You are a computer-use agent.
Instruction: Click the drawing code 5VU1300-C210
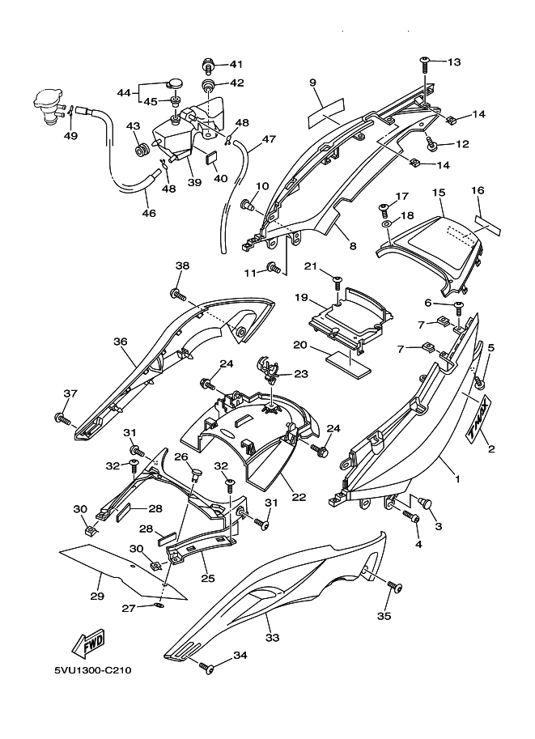pos(93,670)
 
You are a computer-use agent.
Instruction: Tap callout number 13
pos(452,62)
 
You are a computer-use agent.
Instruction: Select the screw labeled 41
pos(208,63)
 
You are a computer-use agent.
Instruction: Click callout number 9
pos(312,83)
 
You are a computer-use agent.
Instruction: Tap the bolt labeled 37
pos(61,418)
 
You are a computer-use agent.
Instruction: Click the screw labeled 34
pos(207,669)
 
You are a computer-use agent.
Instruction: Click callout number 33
pos(272,638)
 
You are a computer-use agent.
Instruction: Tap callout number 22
pos(299,496)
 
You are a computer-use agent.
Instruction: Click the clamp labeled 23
pos(269,368)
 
